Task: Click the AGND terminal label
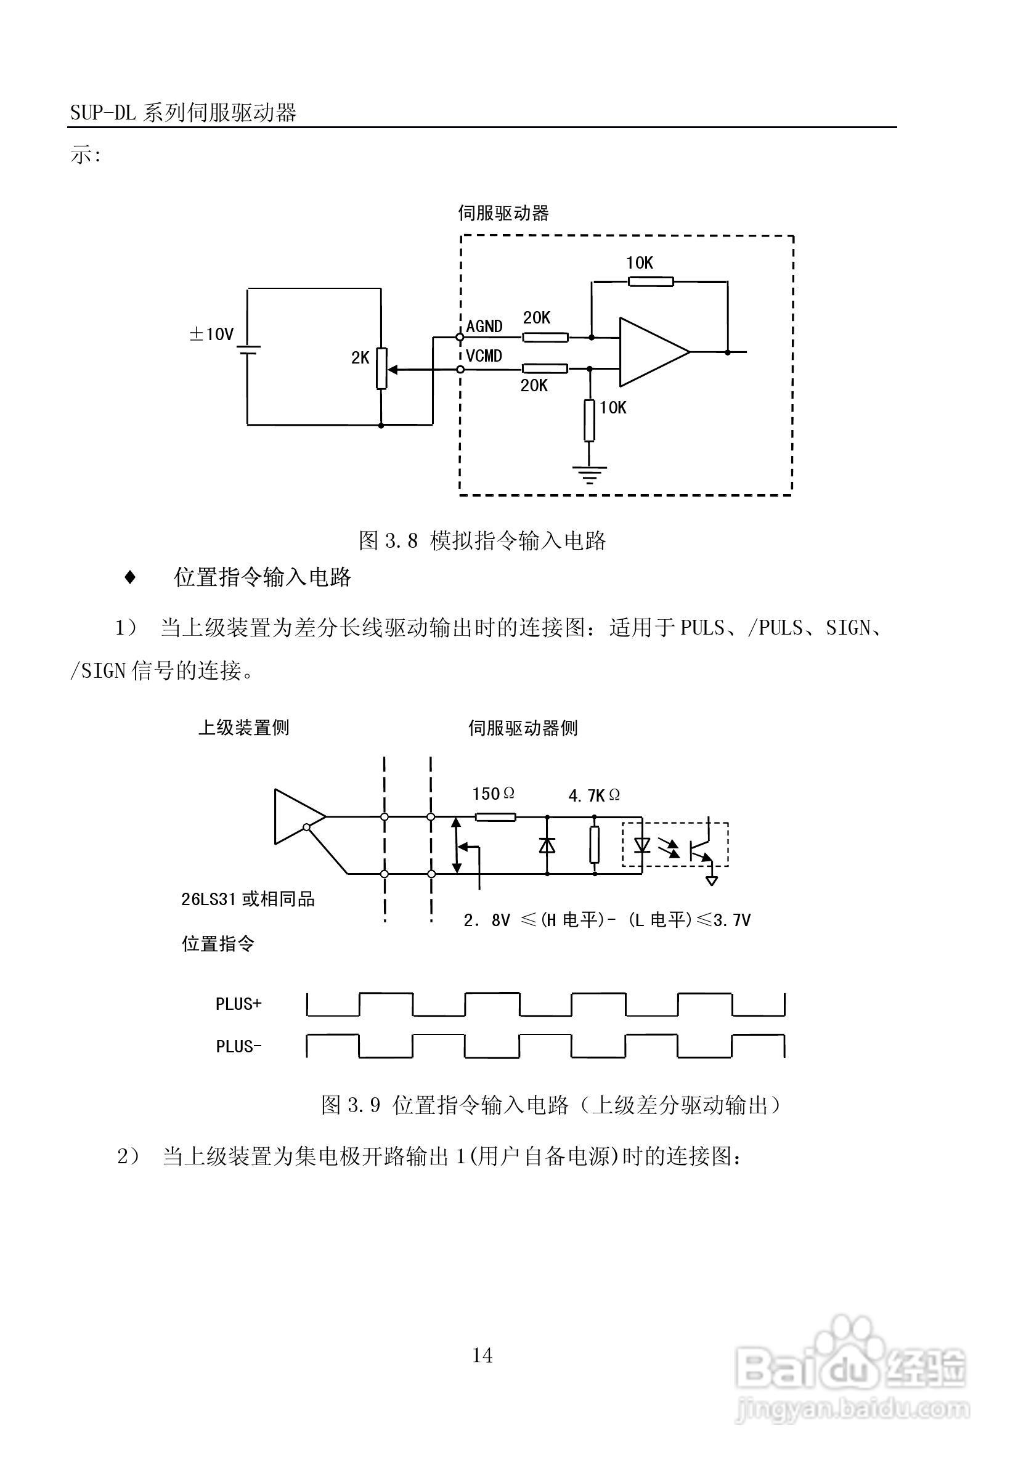484,327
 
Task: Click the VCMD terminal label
484,356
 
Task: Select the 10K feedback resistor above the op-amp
650,281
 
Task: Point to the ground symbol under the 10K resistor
589,474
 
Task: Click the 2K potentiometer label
360,359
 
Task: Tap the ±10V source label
211,334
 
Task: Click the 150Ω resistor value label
493,794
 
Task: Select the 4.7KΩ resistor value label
593,795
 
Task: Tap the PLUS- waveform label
238,1047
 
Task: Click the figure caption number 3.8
401,541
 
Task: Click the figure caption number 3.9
364,1105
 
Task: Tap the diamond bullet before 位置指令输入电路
130,577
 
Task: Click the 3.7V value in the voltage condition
731,920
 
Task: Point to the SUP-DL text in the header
103,113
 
